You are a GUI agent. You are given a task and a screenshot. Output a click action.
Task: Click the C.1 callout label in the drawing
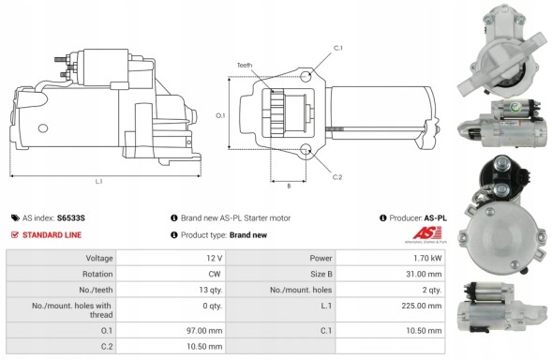[338, 48]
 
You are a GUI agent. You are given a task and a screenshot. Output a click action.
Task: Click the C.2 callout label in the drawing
[337, 177]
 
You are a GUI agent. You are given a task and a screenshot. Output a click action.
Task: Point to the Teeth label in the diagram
[245, 66]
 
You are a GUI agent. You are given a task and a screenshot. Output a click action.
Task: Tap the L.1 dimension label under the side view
[99, 182]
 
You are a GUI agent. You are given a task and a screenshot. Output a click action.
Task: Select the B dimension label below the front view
[289, 186]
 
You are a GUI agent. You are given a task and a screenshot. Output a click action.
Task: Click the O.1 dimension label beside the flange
[220, 115]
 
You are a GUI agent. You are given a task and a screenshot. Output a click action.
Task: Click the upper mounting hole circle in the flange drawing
[306, 76]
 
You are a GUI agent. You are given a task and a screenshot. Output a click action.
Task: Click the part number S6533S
[71, 218]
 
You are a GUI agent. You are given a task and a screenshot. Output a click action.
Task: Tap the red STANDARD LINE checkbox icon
[14, 234]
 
